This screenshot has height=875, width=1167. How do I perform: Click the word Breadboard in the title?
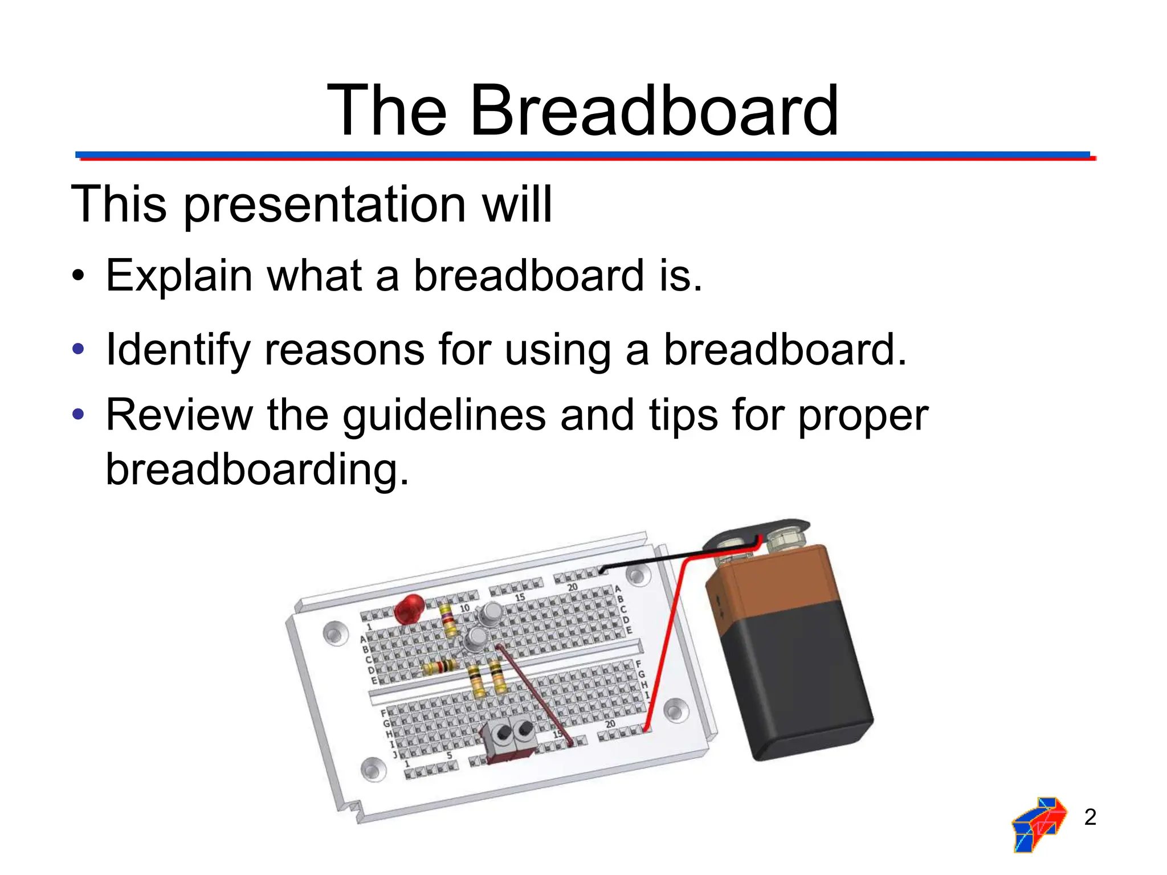654,111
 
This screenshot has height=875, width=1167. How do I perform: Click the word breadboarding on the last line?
257,469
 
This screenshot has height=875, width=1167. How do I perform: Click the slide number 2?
1090,817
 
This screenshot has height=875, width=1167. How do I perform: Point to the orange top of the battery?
769,575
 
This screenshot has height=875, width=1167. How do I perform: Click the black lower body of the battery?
798,684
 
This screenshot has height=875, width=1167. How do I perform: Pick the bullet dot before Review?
79,414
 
